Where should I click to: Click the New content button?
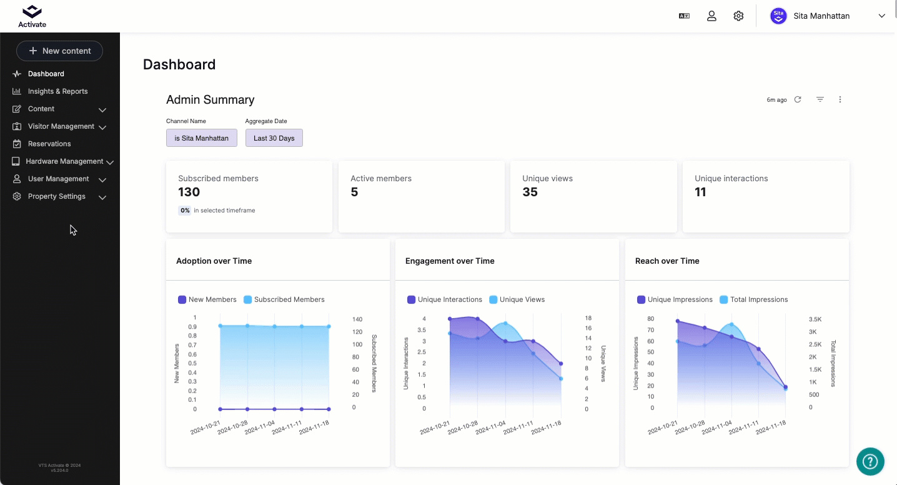pyautogui.click(x=60, y=51)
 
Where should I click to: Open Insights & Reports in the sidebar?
pyautogui.click(x=57, y=91)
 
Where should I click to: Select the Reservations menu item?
pyautogui.click(x=49, y=144)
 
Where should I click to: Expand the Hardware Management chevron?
pyautogui.click(x=110, y=162)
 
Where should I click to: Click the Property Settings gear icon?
pyautogui.click(x=16, y=196)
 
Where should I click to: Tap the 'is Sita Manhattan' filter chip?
pyautogui.click(x=201, y=138)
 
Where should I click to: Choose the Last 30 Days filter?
pyautogui.click(x=274, y=138)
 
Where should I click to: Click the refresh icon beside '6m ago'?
pyautogui.click(x=798, y=99)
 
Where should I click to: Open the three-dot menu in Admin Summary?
pyautogui.click(x=840, y=99)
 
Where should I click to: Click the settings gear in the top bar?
pyautogui.click(x=738, y=16)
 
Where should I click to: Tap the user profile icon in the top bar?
pyautogui.click(x=711, y=16)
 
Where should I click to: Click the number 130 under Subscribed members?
pyautogui.click(x=189, y=192)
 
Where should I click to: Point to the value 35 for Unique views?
pyautogui.click(x=530, y=192)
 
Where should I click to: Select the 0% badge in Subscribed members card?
pyautogui.click(x=185, y=211)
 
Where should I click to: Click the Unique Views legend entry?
pyautogui.click(x=517, y=299)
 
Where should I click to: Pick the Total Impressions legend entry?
pyautogui.click(x=753, y=299)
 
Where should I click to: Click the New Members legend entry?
pyautogui.click(x=207, y=299)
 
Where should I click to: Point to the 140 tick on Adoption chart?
pyautogui.click(x=357, y=319)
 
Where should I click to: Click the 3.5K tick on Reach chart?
pyautogui.click(x=815, y=319)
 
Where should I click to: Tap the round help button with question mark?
pyautogui.click(x=870, y=461)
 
